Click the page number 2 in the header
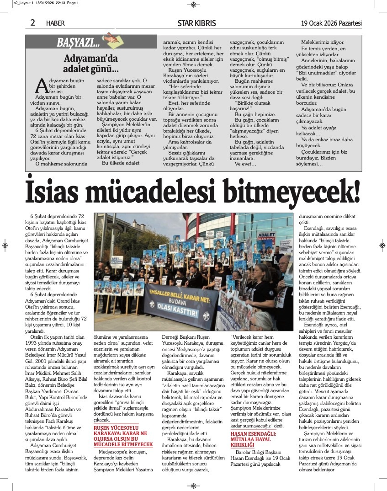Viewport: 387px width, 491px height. pyautogui.click(x=32, y=22)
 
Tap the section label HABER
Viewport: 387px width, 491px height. pyautogui.click(x=55, y=23)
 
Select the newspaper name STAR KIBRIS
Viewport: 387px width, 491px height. pyautogui.click(x=196, y=23)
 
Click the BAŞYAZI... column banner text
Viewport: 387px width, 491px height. pyautogui.click(x=78, y=43)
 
